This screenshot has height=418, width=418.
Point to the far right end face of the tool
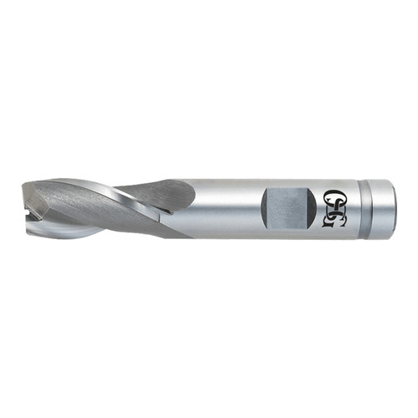[394, 208]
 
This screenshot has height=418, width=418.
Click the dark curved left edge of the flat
[265, 206]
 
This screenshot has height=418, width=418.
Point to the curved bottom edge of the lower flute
[75, 237]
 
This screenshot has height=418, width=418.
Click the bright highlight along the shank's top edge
[251, 181]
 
